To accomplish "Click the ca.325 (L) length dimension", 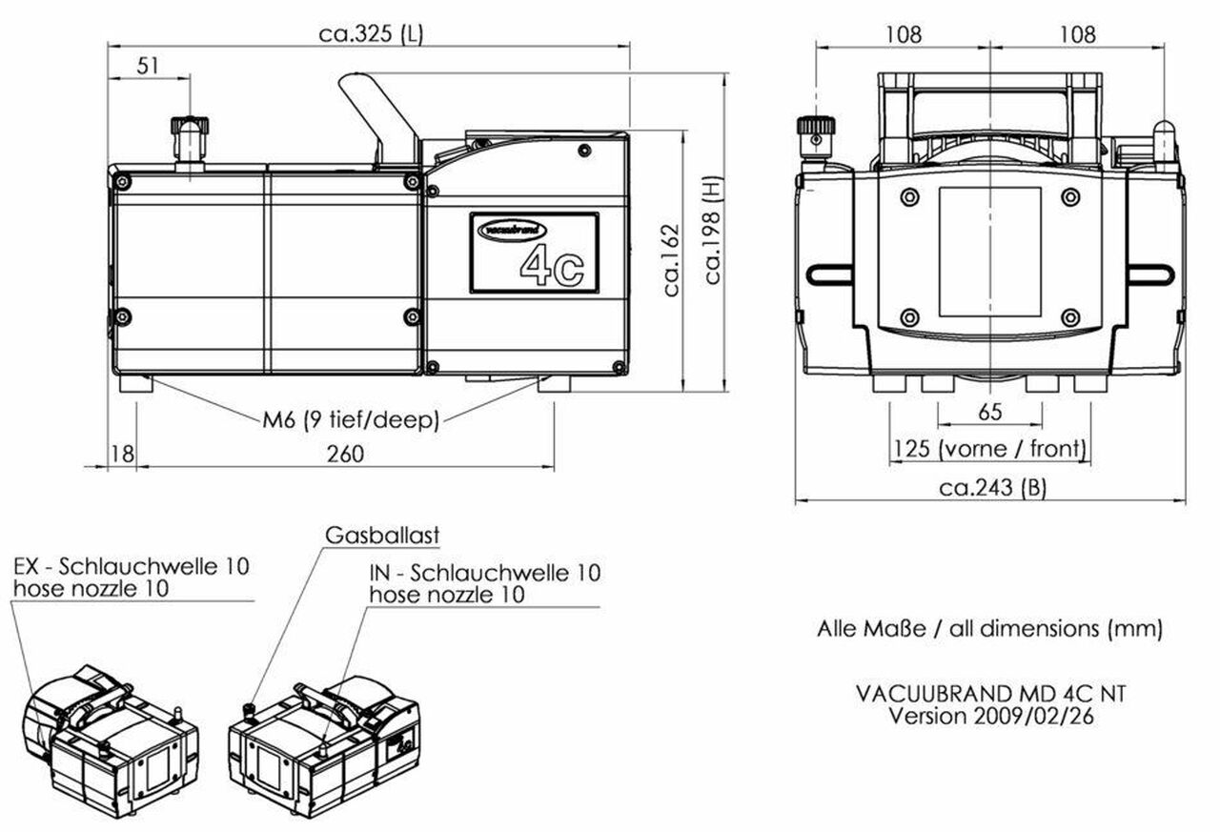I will [x=371, y=33].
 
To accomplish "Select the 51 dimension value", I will [x=149, y=66].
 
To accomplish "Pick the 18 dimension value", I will [x=123, y=454].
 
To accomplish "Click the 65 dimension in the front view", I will [x=990, y=413].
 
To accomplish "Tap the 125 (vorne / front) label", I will [x=988, y=448].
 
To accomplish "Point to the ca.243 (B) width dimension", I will [x=992, y=488].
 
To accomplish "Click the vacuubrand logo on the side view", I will [x=513, y=230].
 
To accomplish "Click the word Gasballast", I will [x=382, y=536].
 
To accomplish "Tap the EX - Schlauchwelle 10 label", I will [x=132, y=566].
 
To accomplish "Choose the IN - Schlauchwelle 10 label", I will [x=485, y=573].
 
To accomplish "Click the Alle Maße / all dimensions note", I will [x=989, y=629].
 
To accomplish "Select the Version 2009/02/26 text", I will [x=990, y=716].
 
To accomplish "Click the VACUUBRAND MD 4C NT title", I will [x=990, y=694].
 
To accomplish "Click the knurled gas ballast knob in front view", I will [x=816, y=128].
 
